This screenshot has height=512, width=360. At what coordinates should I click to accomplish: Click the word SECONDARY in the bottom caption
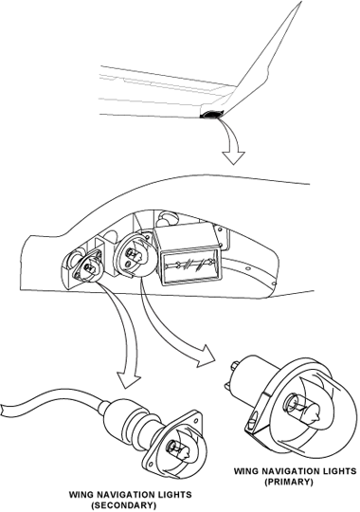pos(119,505)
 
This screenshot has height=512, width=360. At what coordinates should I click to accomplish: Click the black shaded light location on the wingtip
pos(211,115)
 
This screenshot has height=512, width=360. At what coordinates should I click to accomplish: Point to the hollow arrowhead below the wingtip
pos(233,157)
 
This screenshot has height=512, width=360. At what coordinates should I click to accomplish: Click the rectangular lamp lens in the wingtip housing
pos(191,265)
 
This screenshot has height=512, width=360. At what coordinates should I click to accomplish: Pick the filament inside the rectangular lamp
pos(191,264)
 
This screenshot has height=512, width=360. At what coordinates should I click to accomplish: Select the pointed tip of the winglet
pos(300,2)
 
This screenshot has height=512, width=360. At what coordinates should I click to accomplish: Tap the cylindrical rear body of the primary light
pos(252,372)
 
